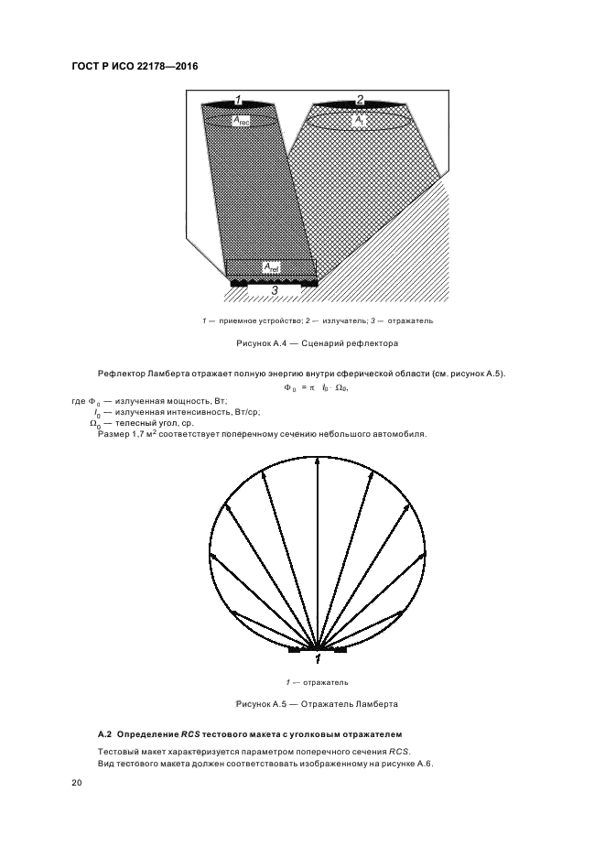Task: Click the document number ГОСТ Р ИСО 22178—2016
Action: pyautogui.click(x=135, y=68)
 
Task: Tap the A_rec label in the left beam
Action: pyautogui.click(x=241, y=121)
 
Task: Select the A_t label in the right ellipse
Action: pyautogui.click(x=359, y=120)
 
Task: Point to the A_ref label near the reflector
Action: pyautogui.click(x=271, y=266)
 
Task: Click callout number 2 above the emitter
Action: pyautogui.click(x=360, y=99)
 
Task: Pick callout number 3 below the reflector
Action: pyautogui.click(x=275, y=290)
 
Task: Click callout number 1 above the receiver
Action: pyautogui.click(x=238, y=99)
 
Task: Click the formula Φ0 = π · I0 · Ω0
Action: pyautogui.click(x=317, y=388)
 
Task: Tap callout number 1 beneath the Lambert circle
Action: pyautogui.click(x=318, y=658)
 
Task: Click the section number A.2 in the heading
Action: pyautogui.click(x=103, y=734)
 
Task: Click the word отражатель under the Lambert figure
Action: pyautogui.click(x=327, y=682)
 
